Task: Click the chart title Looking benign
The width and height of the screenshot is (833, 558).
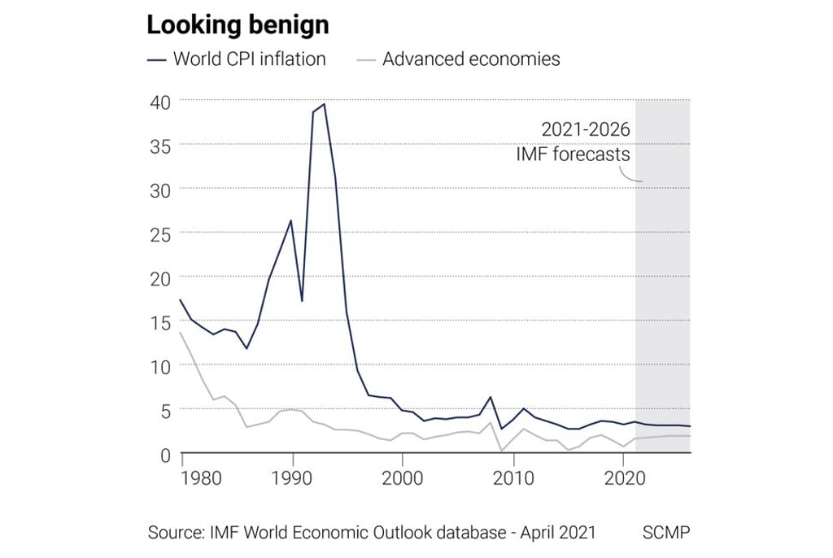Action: coord(238,24)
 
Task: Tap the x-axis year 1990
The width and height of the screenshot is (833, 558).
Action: coord(293,477)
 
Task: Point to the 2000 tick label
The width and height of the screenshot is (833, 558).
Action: coord(403,477)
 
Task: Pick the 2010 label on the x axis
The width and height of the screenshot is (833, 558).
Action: coord(512,477)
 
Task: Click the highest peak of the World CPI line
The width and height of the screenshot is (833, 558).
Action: coord(325,104)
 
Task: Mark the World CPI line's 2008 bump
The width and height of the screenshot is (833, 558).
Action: coord(491,397)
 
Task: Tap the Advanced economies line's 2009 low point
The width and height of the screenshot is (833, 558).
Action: coord(502,450)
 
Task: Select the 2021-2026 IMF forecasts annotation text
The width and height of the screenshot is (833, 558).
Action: coord(573,142)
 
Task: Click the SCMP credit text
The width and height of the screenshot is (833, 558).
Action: coord(666,533)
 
